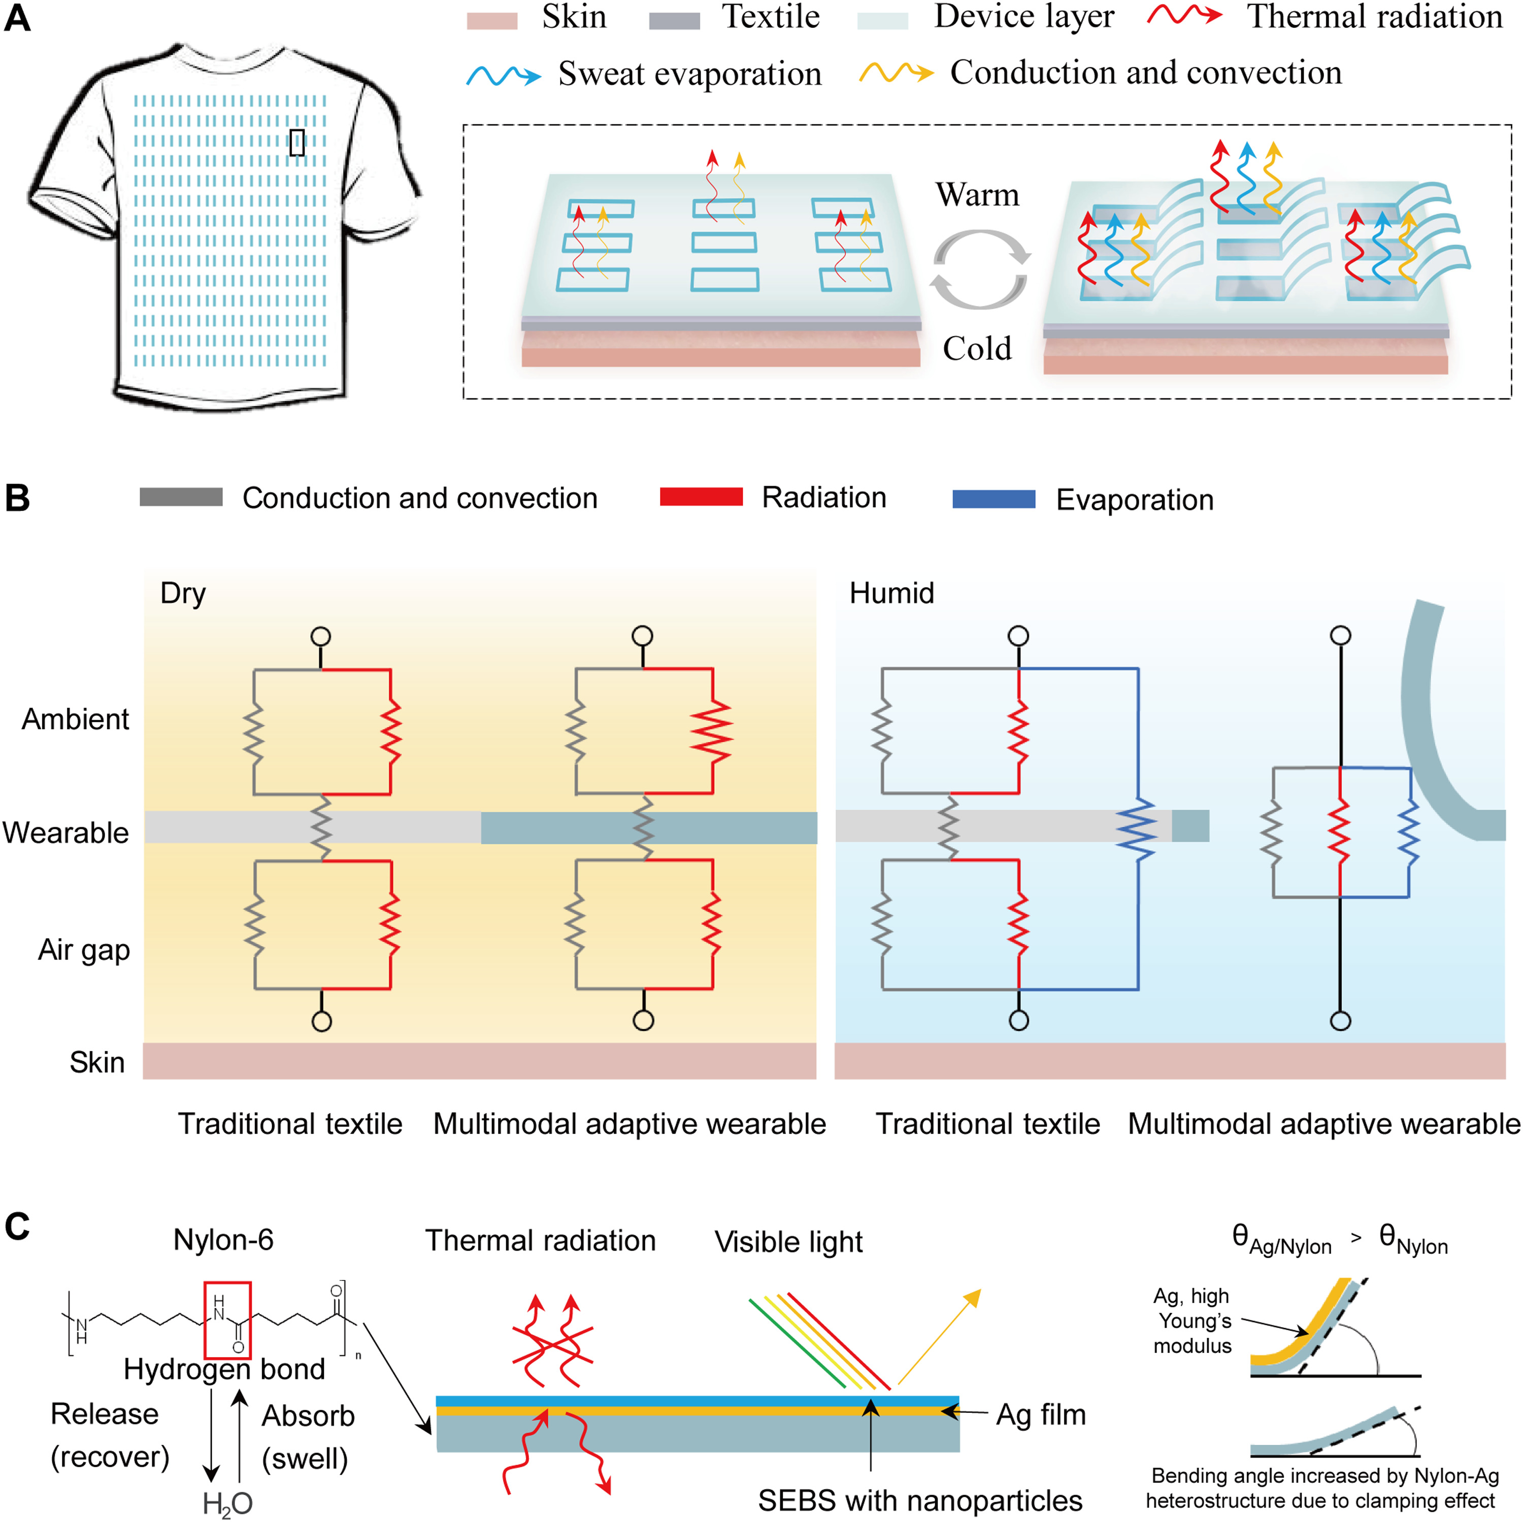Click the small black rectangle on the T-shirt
pyautogui.click(x=296, y=142)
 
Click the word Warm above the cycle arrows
pyautogui.click(x=977, y=195)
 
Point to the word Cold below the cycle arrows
pyautogui.click(x=977, y=348)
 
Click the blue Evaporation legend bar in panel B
pyautogui.click(x=994, y=498)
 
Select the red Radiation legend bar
pyautogui.click(x=701, y=496)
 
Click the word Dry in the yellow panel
pyautogui.click(x=182, y=593)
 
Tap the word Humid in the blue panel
pyautogui.click(x=891, y=593)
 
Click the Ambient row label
pyautogui.click(x=75, y=719)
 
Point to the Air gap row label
pyautogui.click(x=84, y=950)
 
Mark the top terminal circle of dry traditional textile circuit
pyautogui.click(x=321, y=636)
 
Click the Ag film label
pyautogui.click(x=1041, y=1414)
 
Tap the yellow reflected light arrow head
pyautogui.click(x=974, y=1297)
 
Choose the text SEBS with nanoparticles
pyautogui.click(x=919, y=1500)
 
